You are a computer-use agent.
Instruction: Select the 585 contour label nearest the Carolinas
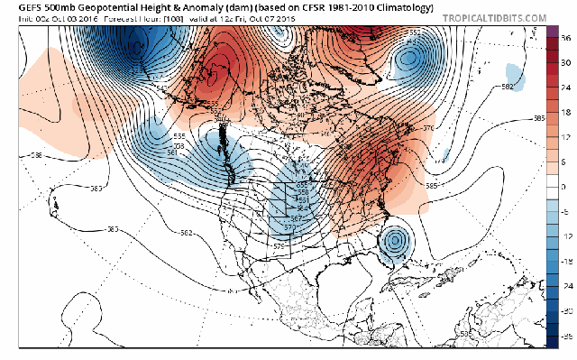click(x=432, y=186)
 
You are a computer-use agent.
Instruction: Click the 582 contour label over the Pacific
click(x=184, y=234)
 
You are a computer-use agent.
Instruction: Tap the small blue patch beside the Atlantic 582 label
click(x=515, y=72)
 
